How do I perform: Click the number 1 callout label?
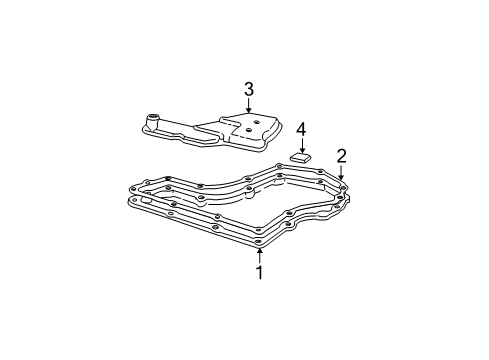(x=259, y=272)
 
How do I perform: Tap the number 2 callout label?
(x=341, y=155)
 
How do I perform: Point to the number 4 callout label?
(x=301, y=130)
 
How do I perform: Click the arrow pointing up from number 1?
(x=259, y=254)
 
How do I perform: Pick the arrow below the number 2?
(x=341, y=172)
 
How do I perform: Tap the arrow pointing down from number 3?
(x=249, y=108)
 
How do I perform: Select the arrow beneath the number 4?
(x=301, y=146)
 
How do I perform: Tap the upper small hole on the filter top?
(x=257, y=122)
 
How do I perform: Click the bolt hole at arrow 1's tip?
(x=259, y=242)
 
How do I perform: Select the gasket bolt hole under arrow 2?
(x=342, y=186)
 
